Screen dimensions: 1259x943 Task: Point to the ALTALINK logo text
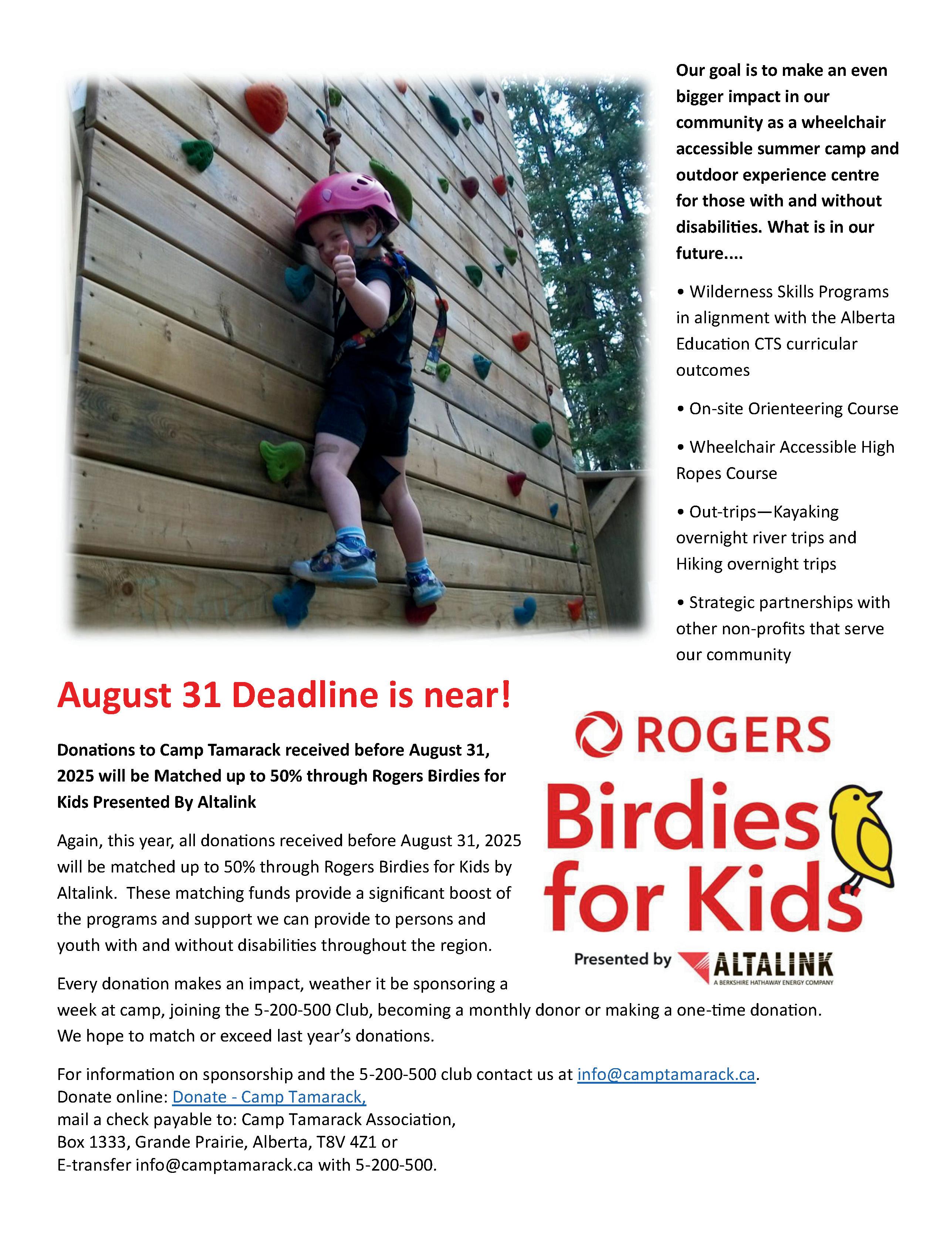point(772,965)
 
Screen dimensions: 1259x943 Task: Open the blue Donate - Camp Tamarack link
point(268,1096)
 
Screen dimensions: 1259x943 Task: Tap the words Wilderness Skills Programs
point(788,291)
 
